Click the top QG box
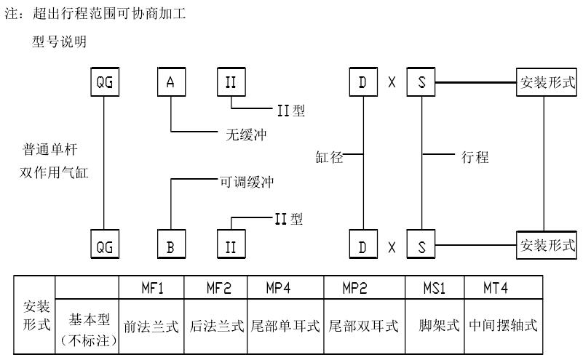106,82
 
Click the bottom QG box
106,246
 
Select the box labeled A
170,82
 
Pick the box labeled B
170,246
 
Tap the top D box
362,82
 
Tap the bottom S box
420,246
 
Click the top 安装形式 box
546,81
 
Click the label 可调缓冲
247,180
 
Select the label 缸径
329,155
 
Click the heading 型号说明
60,41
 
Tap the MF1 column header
152,287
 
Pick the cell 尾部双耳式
363,326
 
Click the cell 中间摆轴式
503,326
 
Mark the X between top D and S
392,83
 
